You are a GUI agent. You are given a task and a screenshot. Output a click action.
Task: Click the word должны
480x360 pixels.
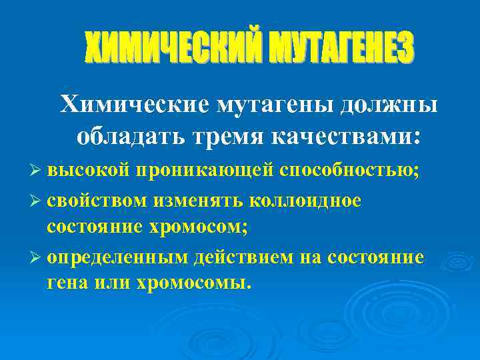click(389, 104)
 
